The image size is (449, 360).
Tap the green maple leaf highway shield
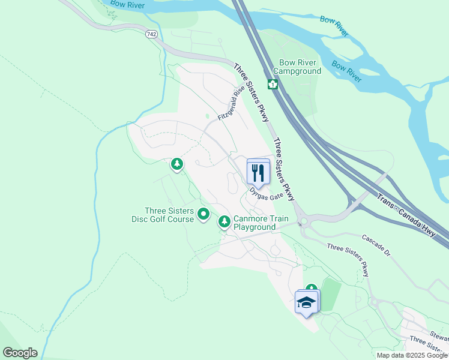click(273, 84)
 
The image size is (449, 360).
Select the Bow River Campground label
click(300, 67)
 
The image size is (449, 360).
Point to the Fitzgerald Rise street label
click(232, 103)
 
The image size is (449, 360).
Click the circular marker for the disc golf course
click(203, 214)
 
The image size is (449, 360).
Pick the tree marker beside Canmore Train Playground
click(224, 222)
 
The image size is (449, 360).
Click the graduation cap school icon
click(307, 302)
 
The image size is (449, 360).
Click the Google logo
click(19, 353)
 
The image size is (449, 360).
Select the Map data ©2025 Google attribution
click(412, 355)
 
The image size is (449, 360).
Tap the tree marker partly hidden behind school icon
click(311, 289)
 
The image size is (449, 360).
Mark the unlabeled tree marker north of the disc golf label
click(176, 163)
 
